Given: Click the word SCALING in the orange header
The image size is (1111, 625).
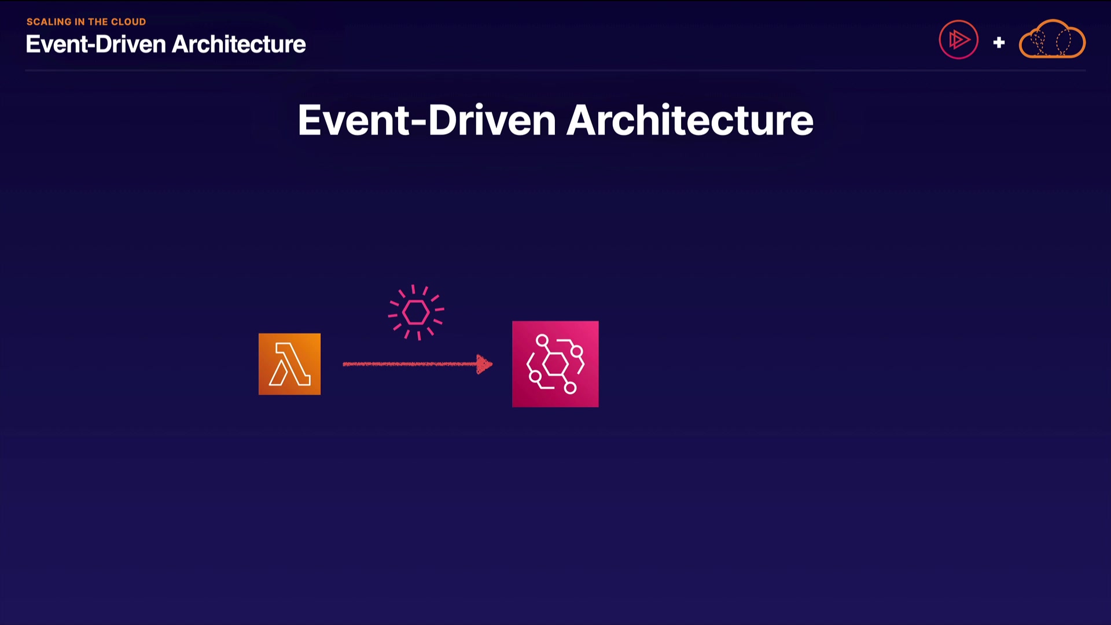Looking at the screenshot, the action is (49, 22).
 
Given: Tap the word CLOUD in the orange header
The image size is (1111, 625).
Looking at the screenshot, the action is (128, 22).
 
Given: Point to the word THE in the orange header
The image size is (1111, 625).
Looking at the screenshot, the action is (98, 22).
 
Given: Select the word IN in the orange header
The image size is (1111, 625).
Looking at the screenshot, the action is (80, 22).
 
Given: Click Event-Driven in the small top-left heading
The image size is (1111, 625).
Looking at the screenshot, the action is (96, 44).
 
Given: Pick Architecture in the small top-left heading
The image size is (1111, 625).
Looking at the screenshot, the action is (239, 44).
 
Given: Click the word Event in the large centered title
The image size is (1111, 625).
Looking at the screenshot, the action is (354, 120).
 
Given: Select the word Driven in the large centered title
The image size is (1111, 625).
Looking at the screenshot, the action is (492, 120).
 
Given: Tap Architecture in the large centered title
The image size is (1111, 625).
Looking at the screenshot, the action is (690, 120).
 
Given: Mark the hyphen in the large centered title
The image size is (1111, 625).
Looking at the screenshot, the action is (419, 123).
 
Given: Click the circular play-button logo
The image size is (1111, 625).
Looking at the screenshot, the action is (958, 40).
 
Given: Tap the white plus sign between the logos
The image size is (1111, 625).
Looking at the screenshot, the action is (999, 42).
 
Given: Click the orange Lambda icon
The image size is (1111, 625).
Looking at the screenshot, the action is (289, 364).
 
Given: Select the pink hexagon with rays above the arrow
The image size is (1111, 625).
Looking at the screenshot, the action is (416, 312).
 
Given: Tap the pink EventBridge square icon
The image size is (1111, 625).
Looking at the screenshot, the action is (555, 364).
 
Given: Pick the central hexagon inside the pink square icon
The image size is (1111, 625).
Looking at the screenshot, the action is (555, 364).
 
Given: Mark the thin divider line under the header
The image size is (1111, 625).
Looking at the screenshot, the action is (555, 71).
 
